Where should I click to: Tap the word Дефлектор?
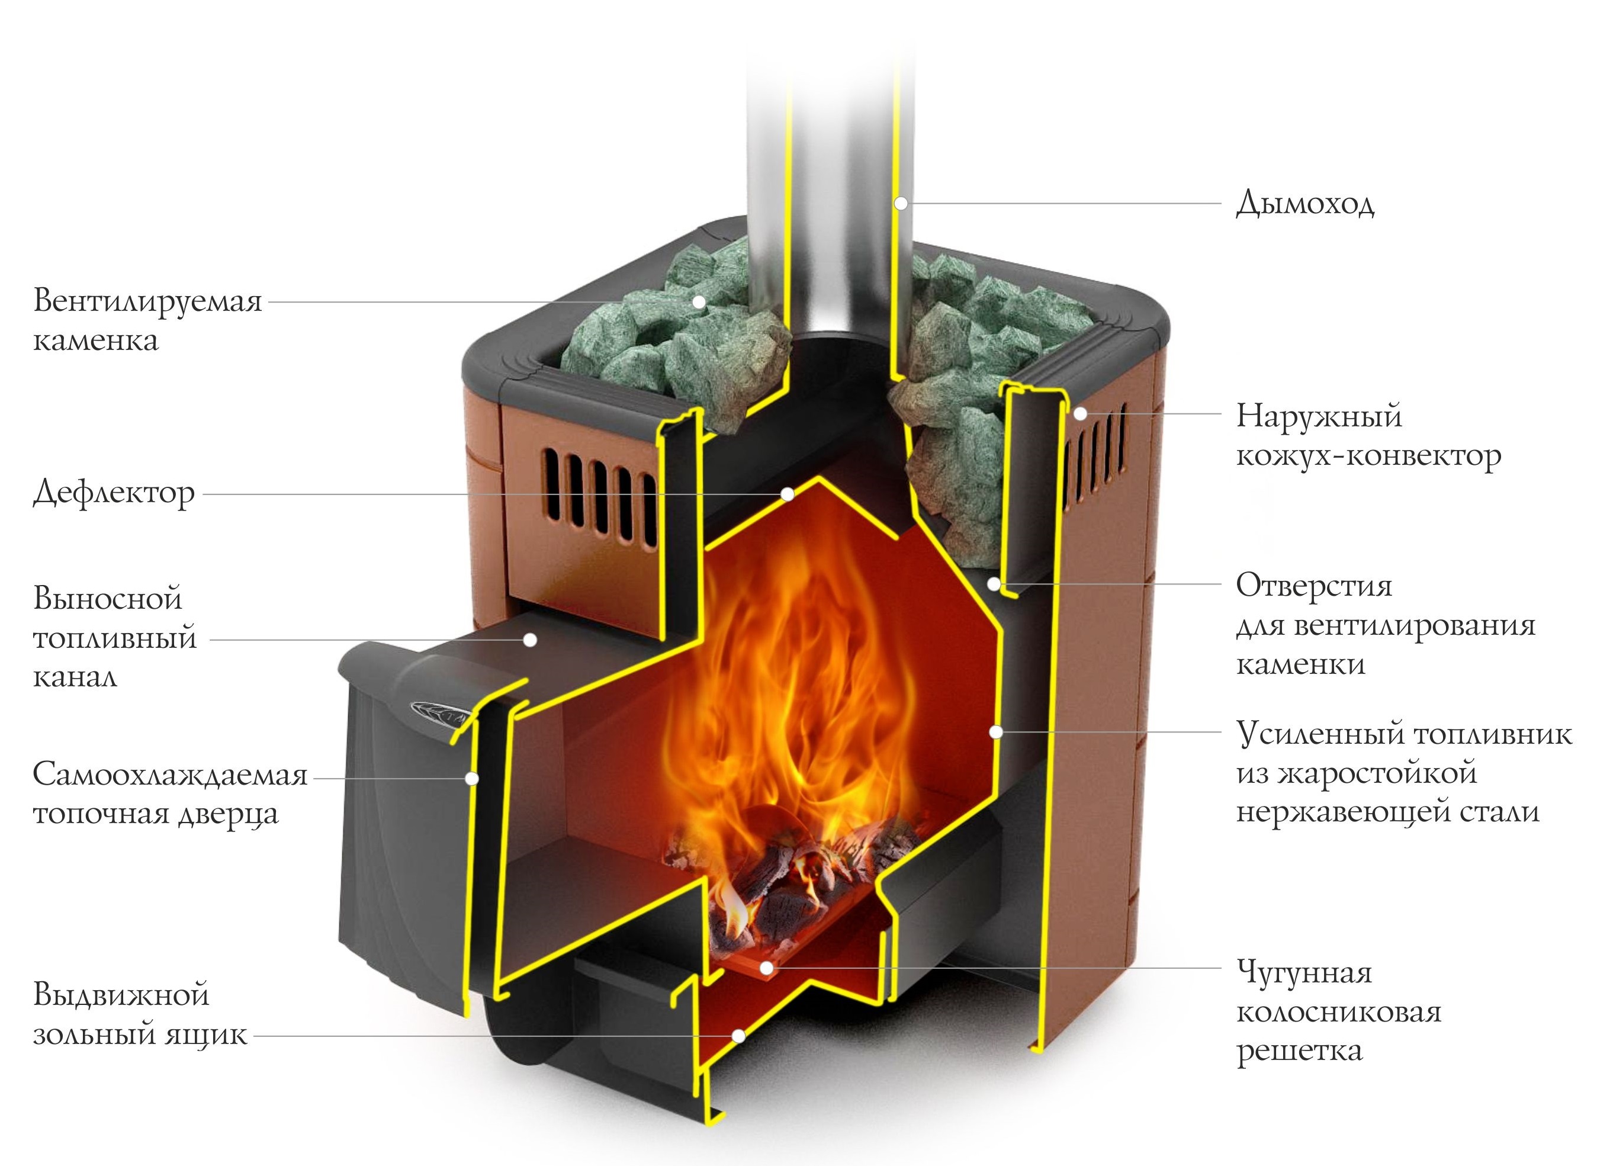click(x=113, y=493)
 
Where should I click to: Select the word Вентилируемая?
click(x=147, y=301)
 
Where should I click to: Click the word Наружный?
click(x=1318, y=416)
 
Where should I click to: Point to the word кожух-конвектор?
click(x=1368, y=455)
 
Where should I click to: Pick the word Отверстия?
click(x=1314, y=585)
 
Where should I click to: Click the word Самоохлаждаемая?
click(x=170, y=775)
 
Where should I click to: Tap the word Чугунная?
click(x=1304, y=972)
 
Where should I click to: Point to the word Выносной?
click(x=107, y=599)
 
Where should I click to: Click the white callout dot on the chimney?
click(x=901, y=204)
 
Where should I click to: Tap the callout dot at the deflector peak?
click(x=788, y=494)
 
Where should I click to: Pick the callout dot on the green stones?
click(x=699, y=302)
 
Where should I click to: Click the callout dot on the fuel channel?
click(x=529, y=640)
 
